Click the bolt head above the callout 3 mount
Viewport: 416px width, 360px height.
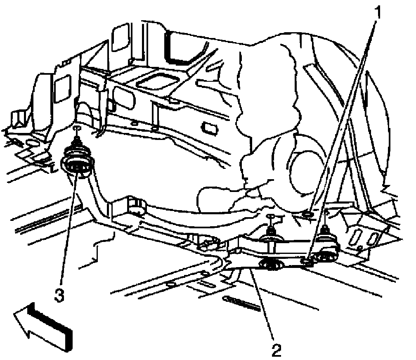coord(77,129)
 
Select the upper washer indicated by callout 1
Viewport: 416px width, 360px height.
coord(307,213)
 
